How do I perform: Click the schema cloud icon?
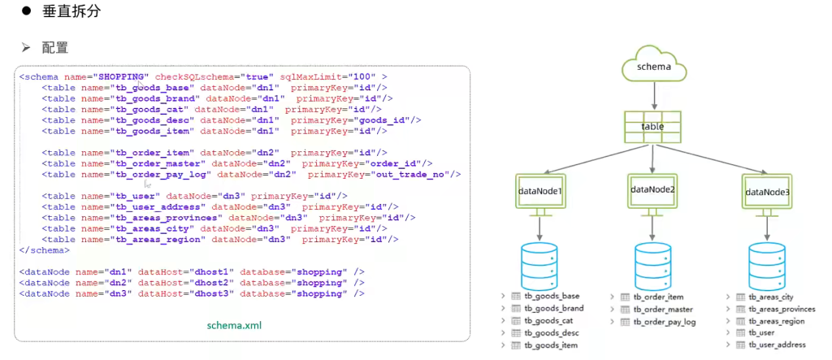pyautogui.click(x=654, y=67)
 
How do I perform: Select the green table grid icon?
pyautogui.click(x=652, y=127)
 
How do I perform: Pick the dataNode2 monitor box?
pyautogui.click(x=653, y=191)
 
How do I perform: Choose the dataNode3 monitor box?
pyautogui.click(x=768, y=193)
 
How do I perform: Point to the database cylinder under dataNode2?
pyautogui.click(x=654, y=264)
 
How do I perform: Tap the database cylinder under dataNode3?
pyautogui.click(x=768, y=264)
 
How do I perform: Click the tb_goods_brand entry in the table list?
pyautogui.click(x=553, y=309)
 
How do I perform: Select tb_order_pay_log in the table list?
pyautogui.click(x=664, y=322)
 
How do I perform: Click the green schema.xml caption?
pyautogui.click(x=234, y=325)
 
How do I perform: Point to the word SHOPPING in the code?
pyautogui.click(x=123, y=76)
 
